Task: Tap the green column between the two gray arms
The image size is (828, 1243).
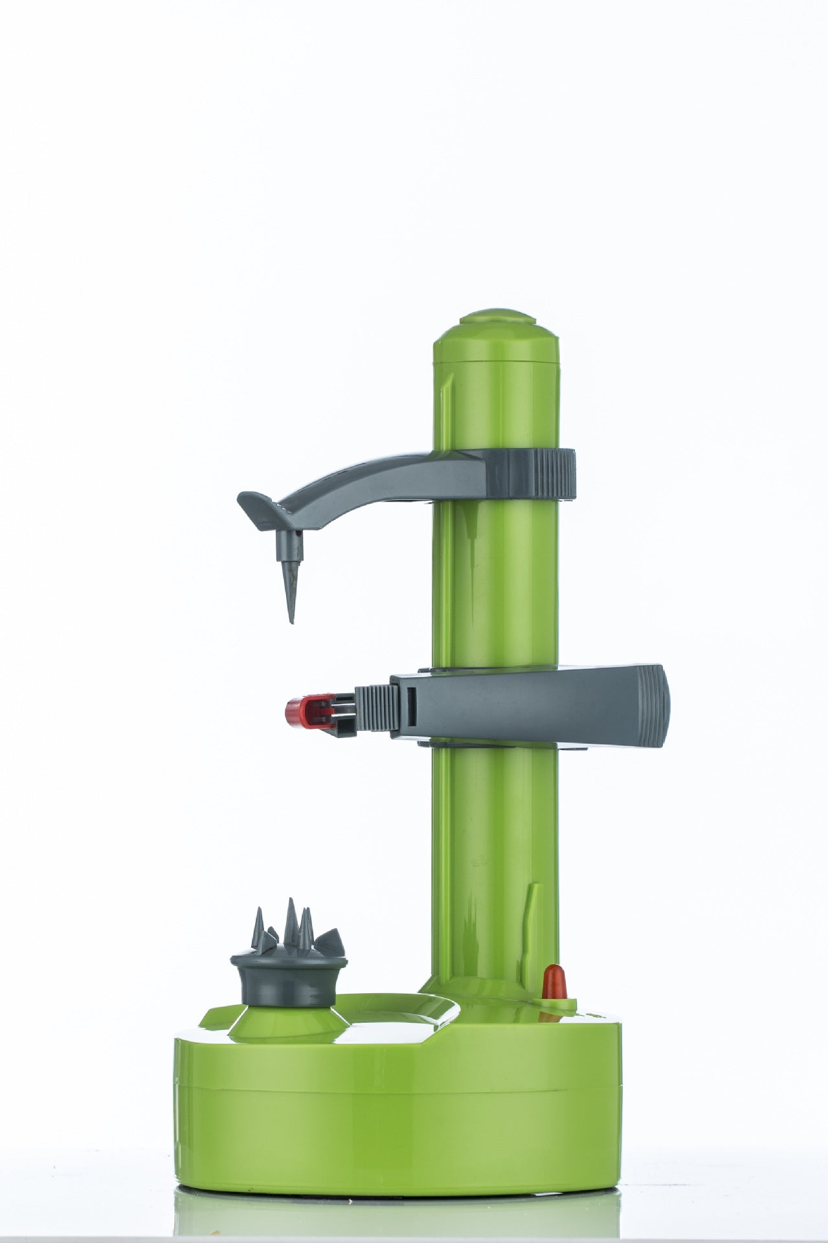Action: [x=495, y=583]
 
